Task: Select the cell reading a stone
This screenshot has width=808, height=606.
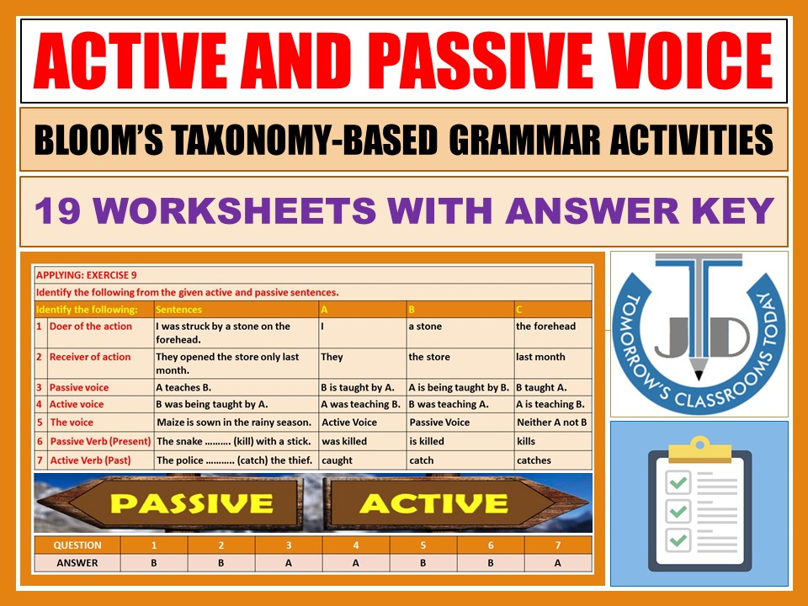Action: click(425, 327)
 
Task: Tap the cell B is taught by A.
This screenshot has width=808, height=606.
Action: click(358, 388)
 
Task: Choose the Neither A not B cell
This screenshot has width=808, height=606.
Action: click(551, 423)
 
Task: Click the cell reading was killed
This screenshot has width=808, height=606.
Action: click(344, 441)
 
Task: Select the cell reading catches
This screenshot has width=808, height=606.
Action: click(534, 460)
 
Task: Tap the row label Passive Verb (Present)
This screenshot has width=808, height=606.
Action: click(100, 441)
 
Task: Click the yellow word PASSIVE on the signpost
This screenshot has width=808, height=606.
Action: click(192, 503)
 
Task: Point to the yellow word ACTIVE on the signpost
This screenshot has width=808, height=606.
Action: click(433, 503)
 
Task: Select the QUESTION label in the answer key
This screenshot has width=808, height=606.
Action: click(77, 545)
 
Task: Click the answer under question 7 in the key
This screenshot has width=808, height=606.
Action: click(557, 563)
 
